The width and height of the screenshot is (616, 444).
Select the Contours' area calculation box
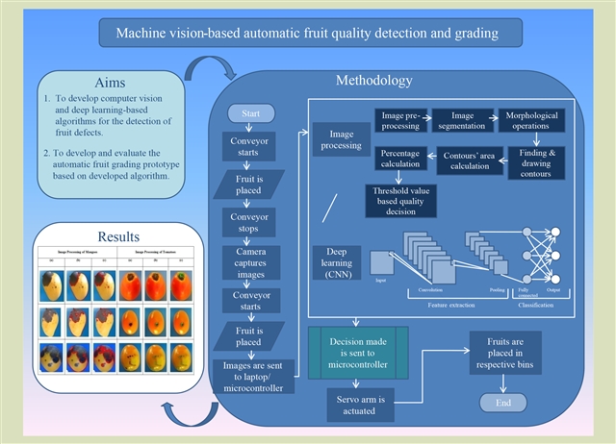(473, 160)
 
